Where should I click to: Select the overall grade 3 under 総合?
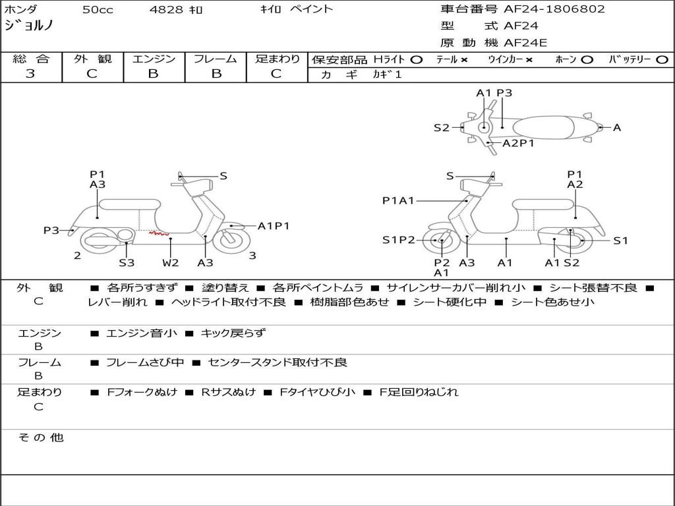click(31, 74)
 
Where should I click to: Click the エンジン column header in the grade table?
click(154, 59)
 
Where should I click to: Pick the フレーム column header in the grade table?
click(216, 59)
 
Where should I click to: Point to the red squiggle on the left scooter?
click(159, 233)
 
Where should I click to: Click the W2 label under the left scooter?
click(171, 262)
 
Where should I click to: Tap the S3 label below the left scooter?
click(127, 262)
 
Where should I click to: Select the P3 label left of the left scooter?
click(51, 230)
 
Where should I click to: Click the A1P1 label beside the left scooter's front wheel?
click(274, 226)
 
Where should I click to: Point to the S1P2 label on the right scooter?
click(399, 240)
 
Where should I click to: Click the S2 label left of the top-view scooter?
click(441, 128)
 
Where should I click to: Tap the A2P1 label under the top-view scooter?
click(518, 143)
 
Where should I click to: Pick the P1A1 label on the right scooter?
click(398, 201)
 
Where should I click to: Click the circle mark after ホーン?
click(587, 59)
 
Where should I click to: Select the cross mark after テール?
click(464, 59)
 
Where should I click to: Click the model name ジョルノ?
click(29, 26)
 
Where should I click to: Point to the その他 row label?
click(40, 437)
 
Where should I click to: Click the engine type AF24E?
click(525, 43)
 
